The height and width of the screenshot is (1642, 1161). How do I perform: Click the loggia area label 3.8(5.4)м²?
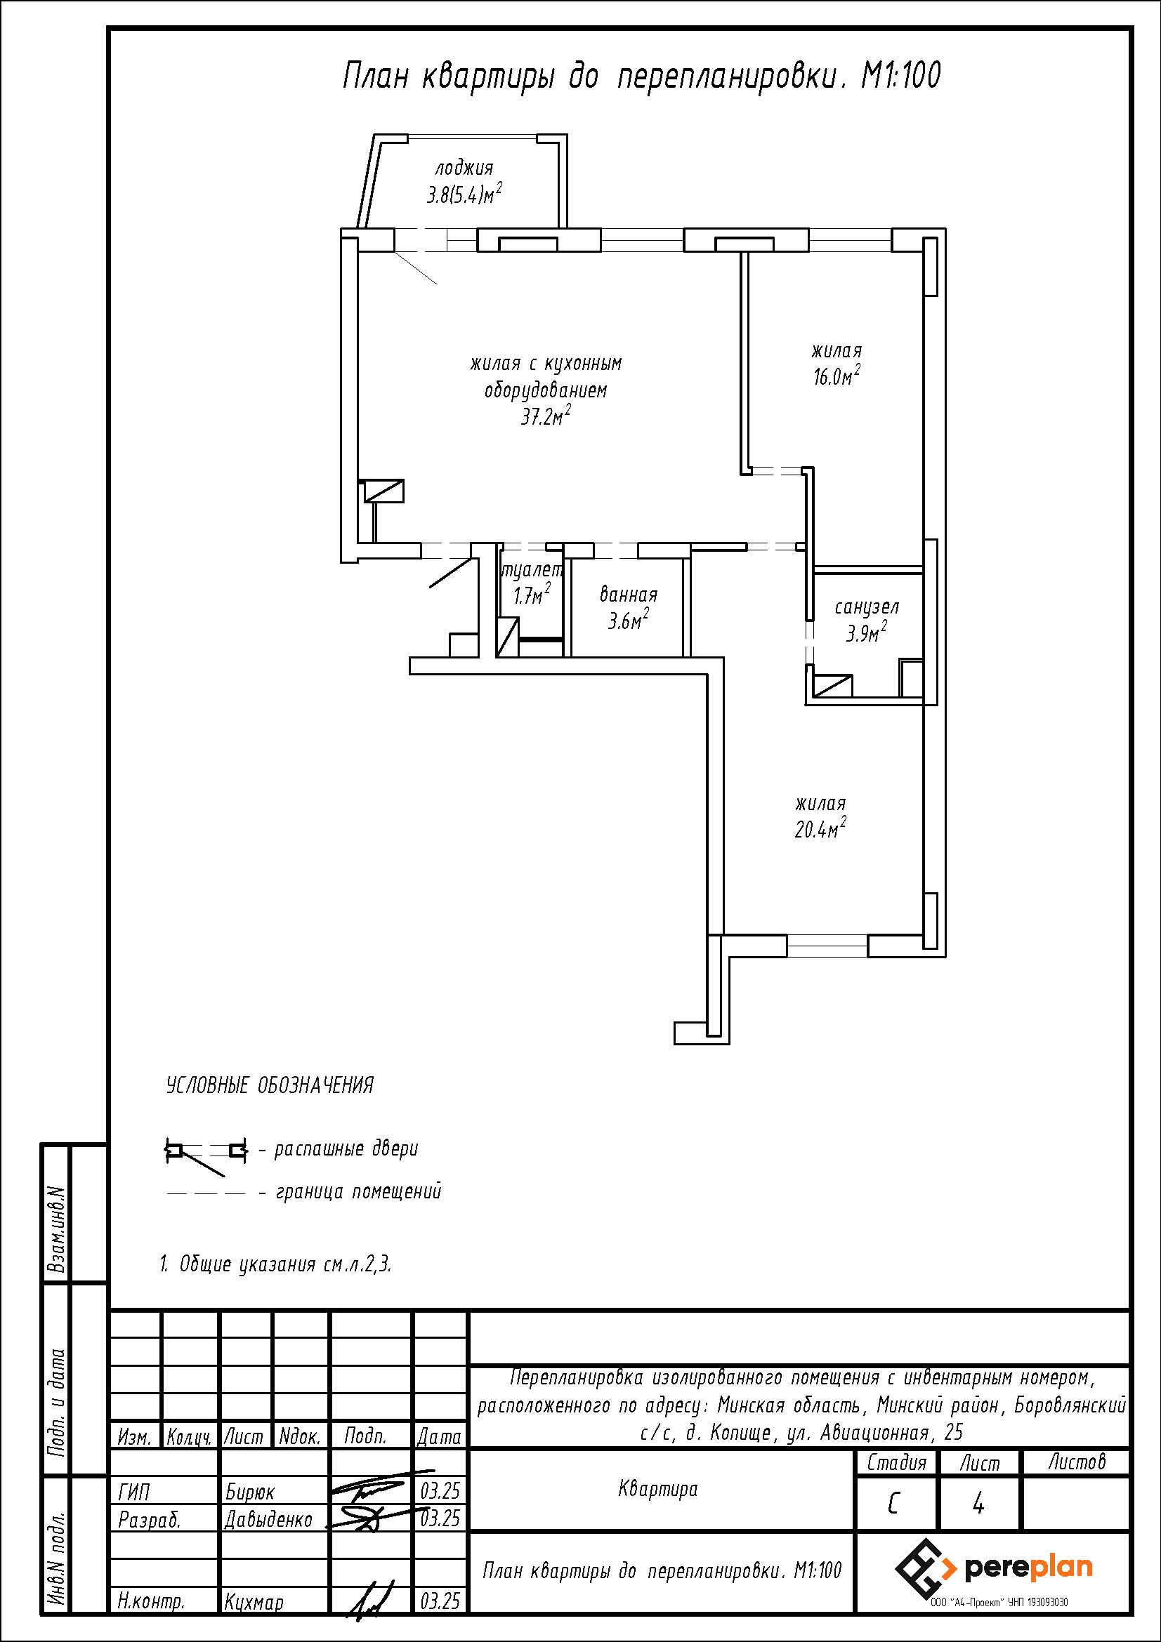tap(464, 193)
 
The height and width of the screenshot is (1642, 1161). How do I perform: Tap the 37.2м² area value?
tap(546, 416)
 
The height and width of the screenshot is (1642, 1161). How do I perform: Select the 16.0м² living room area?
tap(837, 376)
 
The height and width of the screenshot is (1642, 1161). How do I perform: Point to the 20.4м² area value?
tap(820, 828)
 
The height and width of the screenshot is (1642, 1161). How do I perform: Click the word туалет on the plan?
tap(532, 570)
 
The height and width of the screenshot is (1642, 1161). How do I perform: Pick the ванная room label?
tap(628, 595)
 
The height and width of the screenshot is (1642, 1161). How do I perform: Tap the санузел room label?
tap(867, 607)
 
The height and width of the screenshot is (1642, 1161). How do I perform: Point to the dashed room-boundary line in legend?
tap(206, 1193)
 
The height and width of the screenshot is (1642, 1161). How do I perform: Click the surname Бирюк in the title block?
tap(249, 1491)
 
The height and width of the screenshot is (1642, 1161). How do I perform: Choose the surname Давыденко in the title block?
tap(268, 1519)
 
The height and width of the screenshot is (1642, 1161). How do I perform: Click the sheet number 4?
tap(978, 1504)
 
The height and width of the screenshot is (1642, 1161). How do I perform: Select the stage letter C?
tap(893, 1504)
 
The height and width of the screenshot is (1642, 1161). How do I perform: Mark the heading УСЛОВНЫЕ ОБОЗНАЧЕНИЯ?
tap(270, 1085)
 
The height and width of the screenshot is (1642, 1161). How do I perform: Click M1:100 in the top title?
tap(900, 76)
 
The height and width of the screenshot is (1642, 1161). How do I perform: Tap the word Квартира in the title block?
tap(657, 1489)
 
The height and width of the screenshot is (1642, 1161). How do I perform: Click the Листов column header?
tap(1077, 1461)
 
